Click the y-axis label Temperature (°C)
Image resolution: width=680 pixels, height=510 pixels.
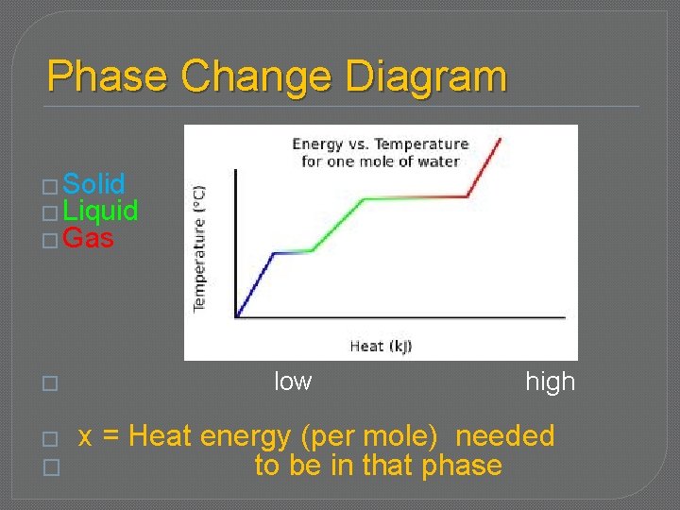200,247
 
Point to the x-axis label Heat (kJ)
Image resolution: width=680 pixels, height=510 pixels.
380,346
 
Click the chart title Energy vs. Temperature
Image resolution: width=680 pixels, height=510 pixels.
380,144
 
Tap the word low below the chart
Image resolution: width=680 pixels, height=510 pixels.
293,382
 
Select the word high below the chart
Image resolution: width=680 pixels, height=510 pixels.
550,382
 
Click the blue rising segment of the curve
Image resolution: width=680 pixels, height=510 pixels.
255,284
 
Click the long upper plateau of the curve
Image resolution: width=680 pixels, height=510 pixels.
416,197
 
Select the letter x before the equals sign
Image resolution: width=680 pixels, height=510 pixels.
85,437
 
